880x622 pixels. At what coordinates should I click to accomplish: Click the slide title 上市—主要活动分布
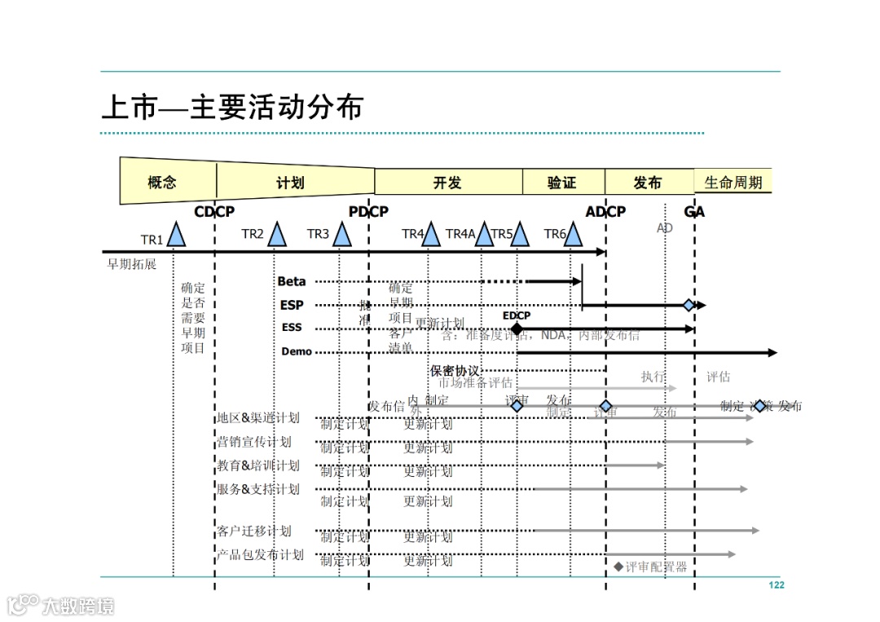(231, 108)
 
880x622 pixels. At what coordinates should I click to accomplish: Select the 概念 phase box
(162, 182)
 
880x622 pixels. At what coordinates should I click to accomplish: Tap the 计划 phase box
(290, 183)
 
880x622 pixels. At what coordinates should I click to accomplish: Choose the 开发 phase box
(447, 183)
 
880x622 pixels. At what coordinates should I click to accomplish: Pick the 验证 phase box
(561, 183)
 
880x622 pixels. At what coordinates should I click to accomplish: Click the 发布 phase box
(648, 183)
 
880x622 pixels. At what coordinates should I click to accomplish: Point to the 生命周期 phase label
(733, 183)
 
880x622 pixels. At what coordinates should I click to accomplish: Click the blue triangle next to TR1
(176, 235)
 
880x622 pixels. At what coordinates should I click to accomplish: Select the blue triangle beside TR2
(277, 235)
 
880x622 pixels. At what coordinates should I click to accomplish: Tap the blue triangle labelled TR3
(342, 235)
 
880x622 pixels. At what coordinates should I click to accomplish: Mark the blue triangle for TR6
(574, 235)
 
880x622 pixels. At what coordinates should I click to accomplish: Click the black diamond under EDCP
(516, 329)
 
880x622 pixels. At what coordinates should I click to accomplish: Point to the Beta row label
(292, 281)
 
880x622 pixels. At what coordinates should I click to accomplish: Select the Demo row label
(297, 352)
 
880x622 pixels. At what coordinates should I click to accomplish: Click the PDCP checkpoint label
(368, 212)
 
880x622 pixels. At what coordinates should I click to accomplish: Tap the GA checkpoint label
(694, 212)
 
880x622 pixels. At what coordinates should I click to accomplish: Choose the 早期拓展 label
(131, 264)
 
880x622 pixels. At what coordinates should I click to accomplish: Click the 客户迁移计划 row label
(253, 532)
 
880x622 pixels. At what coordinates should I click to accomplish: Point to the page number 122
(776, 585)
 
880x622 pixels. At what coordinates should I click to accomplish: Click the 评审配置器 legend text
(656, 567)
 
